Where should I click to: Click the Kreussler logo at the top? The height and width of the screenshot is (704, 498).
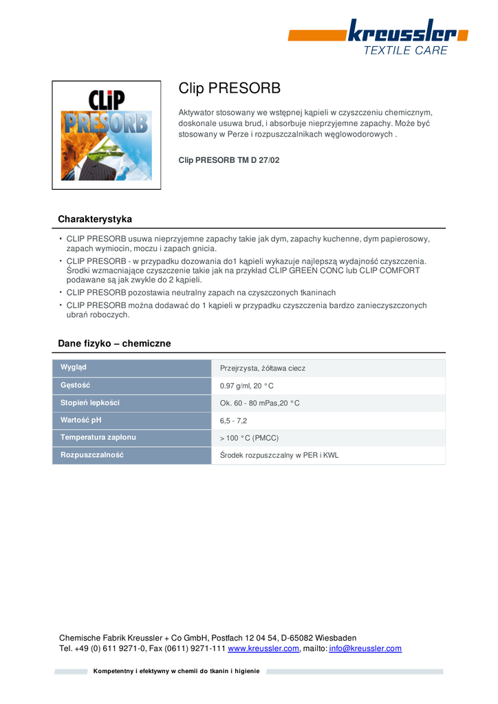tap(402, 32)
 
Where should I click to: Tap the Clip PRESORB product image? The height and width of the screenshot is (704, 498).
tap(107, 135)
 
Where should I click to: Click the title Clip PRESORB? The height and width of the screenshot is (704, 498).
tap(230, 89)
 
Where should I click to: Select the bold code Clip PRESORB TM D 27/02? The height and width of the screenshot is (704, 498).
tap(229, 160)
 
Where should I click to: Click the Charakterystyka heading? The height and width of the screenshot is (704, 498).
tap(95, 219)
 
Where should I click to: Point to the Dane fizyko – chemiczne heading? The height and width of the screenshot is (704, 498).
tap(114, 343)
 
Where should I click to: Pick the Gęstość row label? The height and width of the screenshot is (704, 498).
tap(76, 385)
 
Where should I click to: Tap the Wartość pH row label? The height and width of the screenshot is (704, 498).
tap(81, 420)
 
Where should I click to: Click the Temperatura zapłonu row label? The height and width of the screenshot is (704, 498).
tap(98, 437)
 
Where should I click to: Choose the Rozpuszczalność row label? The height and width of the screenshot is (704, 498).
tap(91, 455)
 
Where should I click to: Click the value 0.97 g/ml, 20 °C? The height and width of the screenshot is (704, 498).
tap(246, 386)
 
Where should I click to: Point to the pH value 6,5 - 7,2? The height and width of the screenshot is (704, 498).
tap(233, 420)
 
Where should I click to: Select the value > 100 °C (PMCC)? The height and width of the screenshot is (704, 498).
tap(249, 438)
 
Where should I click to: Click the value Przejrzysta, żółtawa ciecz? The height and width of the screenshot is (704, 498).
tap(262, 368)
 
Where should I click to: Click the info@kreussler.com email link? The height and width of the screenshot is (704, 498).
tap(365, 648)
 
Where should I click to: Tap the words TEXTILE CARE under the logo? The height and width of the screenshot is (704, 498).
tap(405, 51)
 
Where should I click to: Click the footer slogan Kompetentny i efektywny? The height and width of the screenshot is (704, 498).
tap(177, 671)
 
